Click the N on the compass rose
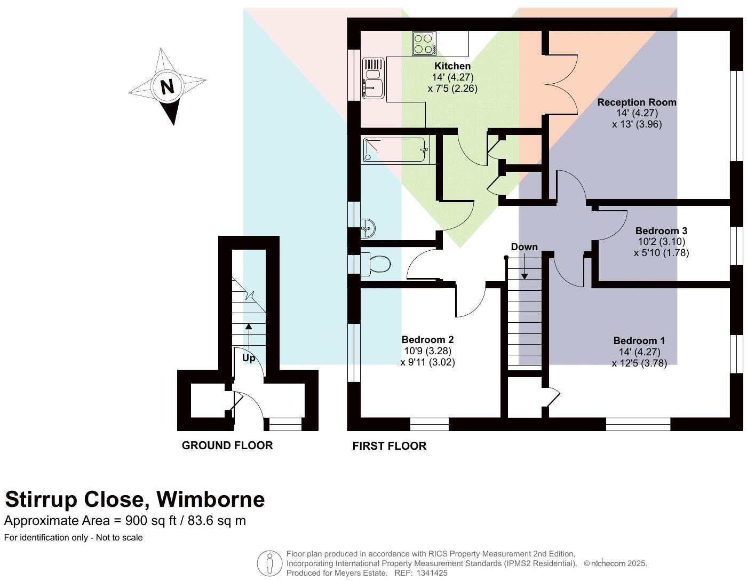pos(168,86)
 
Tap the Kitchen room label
pos(452,66)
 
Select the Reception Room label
pos(637,102)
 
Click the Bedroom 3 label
pos(661,230)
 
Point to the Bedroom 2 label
pos(427,339)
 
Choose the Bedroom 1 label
pos(639,340)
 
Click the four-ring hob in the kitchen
pos(424,44)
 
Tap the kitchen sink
pos(373,78)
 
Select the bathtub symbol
pos(395,149)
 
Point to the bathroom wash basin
pos(368,228)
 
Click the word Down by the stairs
pos(524,247)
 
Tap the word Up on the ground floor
pos(249,358)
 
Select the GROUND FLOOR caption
pos(227,445)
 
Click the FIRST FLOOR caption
pos(390,446)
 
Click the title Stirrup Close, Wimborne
pos(135,499)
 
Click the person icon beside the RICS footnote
pos(269,563)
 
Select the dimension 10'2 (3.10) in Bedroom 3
pos(661,241)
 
